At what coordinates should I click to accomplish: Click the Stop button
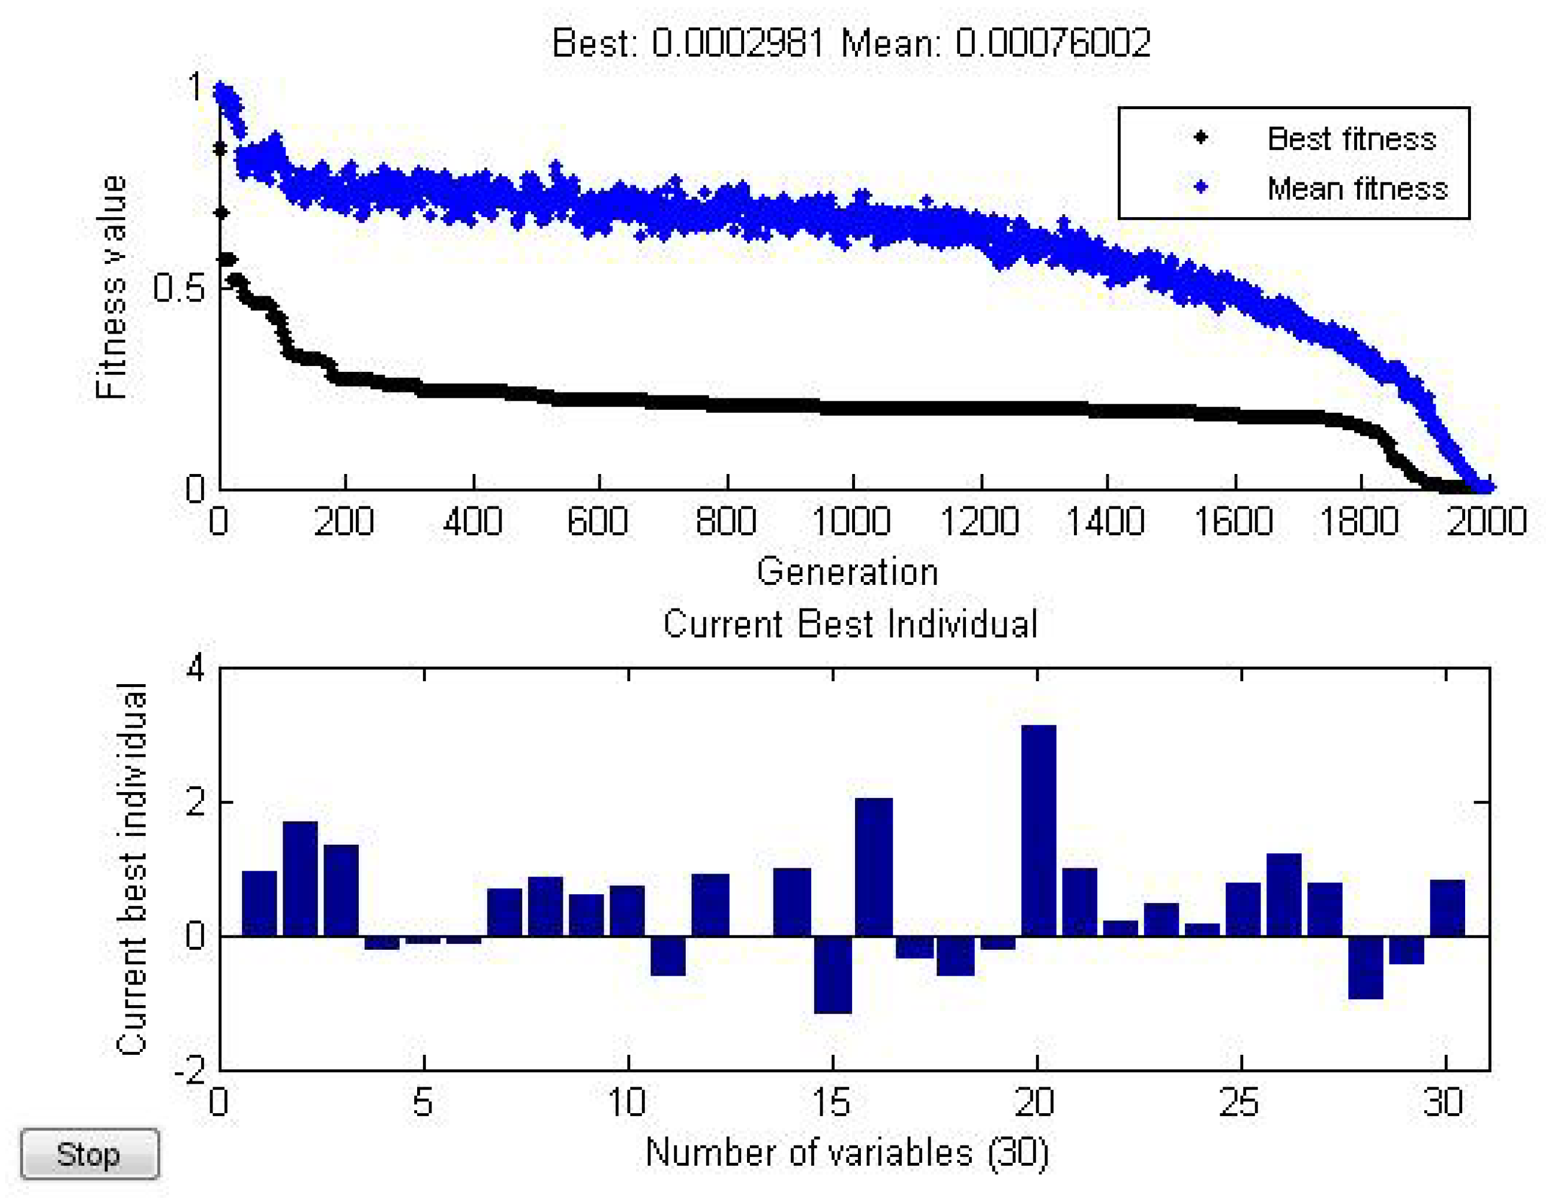89,1154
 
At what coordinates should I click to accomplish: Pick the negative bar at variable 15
833,975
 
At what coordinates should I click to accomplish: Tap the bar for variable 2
300,878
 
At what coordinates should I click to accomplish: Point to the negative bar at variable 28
1365,967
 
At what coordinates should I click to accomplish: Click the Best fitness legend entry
1351,139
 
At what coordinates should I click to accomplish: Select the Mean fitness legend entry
1357,188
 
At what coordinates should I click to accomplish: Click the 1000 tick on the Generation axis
852,521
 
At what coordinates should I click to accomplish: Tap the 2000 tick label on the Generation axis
1486,521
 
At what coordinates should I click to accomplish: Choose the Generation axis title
848,572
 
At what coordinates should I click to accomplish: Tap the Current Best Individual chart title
850,624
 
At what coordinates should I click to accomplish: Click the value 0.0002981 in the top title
738,43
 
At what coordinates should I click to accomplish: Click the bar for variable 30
1447,908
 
